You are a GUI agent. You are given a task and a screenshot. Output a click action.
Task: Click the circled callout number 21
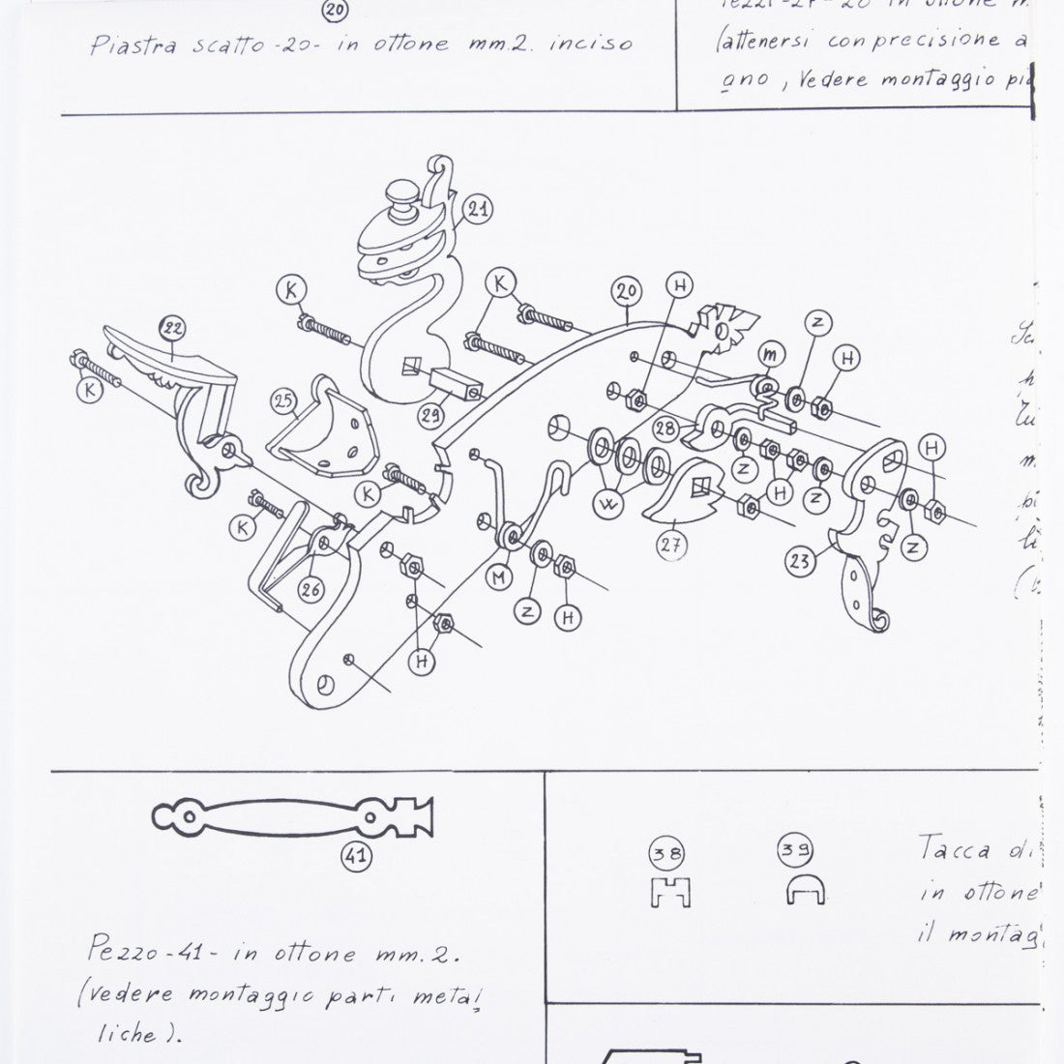point(476,208)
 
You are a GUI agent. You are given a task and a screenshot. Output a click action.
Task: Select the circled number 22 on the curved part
point(173,331)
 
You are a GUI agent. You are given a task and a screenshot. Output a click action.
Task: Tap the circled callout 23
point(799,562)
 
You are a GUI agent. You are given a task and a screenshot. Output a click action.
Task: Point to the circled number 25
point(282,400)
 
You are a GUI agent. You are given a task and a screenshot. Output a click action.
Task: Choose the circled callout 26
point(310,588)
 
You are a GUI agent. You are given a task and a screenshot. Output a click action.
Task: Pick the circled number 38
point(666,854)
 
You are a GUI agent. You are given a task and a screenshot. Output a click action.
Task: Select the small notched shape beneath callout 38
point(669,893)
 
